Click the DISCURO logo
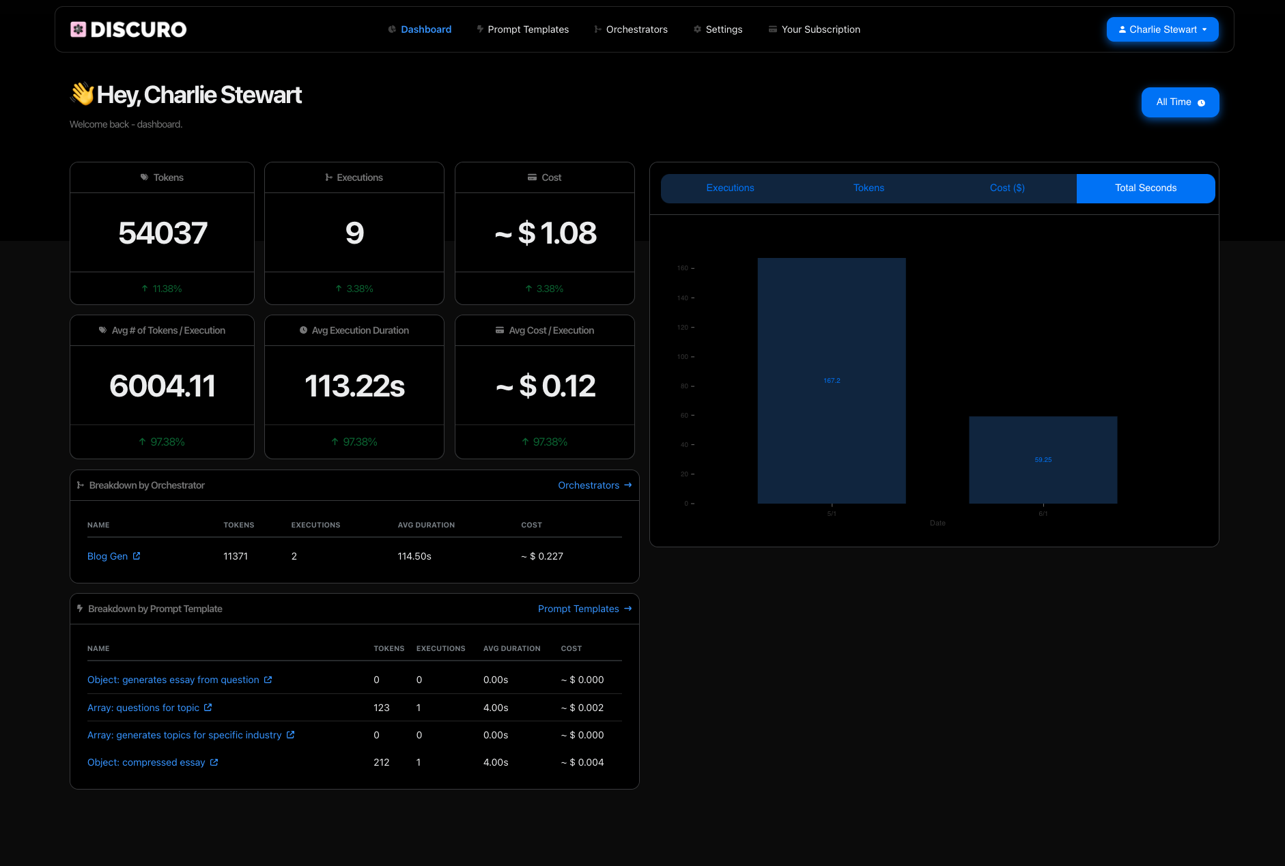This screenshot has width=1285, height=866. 128,29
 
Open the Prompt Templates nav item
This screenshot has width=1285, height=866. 528,29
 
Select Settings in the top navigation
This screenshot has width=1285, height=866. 724,29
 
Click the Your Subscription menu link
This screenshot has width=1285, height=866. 820,29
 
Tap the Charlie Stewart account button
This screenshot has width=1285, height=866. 1162,29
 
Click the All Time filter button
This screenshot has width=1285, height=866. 1180,102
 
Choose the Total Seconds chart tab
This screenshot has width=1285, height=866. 1145,188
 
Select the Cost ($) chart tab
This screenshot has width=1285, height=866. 1007,188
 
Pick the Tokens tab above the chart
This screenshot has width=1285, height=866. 869,188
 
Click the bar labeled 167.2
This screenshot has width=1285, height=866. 832,380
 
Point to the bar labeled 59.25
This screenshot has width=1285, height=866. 1043,459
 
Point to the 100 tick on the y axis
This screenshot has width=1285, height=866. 683,357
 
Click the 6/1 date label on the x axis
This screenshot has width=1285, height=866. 1043,514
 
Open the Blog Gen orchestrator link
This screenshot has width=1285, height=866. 108,556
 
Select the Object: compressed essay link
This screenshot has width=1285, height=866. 146,762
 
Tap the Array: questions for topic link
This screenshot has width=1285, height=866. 143,708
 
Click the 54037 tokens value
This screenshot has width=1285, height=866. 163,233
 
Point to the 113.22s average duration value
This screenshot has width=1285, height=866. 354,386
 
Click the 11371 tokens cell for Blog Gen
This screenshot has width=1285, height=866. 236,556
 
